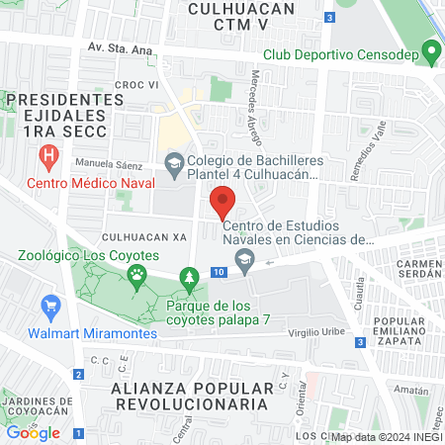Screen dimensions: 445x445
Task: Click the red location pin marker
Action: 222,203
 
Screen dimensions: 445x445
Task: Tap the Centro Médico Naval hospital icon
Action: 46,157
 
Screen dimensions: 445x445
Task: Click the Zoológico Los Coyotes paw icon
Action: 135,274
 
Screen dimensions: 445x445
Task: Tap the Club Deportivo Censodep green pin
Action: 429,50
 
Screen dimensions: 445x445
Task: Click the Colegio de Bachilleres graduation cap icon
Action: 174,163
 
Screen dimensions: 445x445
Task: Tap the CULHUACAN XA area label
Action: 143,239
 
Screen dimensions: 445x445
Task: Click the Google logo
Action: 33,432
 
